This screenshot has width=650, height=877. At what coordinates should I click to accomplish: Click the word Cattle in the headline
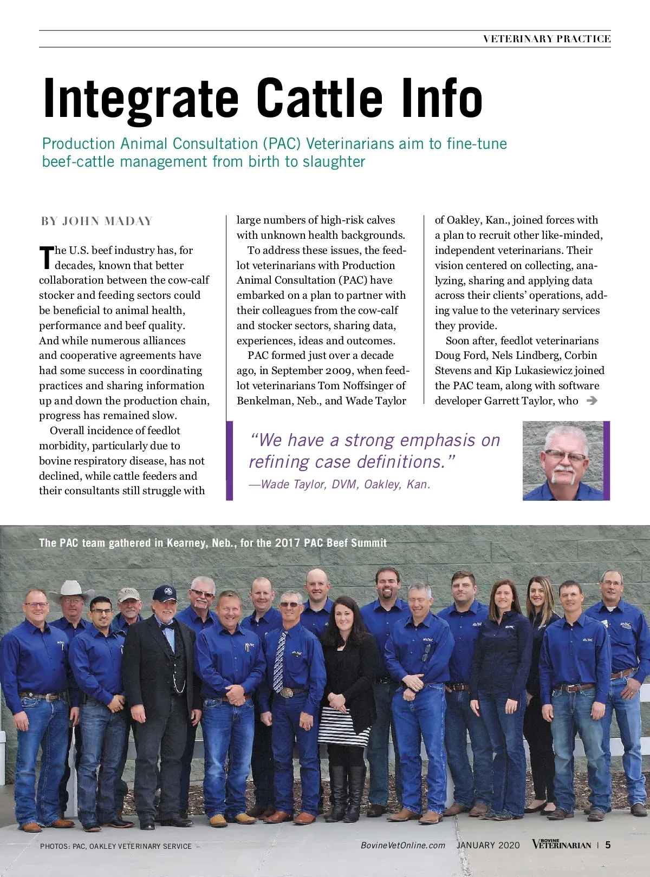(320, 98)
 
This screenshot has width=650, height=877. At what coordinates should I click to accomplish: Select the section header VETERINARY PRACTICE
(547, 39)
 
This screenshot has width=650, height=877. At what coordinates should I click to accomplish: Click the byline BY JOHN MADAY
(97, 221)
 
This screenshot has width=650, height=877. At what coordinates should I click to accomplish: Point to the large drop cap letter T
(47, 258)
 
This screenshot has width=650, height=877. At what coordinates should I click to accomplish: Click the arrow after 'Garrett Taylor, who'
(592, 401)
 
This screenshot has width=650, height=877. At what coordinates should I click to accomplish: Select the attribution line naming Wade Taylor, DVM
(340, 484)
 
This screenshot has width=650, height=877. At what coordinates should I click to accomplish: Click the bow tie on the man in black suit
(166, 625)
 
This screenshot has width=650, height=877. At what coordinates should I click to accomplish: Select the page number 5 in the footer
(608, 845)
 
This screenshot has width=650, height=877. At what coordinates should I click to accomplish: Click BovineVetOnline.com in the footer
(403, 845)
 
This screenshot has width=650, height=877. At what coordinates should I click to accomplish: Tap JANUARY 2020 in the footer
(488, 845)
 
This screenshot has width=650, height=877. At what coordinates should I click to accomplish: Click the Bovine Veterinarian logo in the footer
(561, 845)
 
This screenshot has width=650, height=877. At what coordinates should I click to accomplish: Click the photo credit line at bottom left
(116, 846)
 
